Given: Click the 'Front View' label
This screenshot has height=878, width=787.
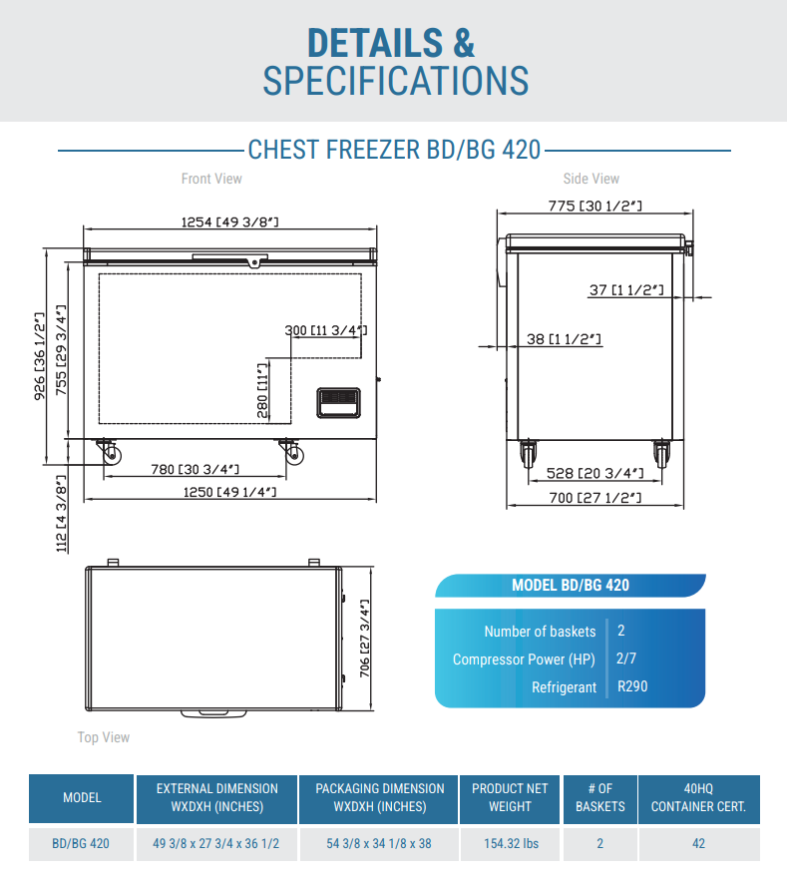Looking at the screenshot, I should [x=211, y=179].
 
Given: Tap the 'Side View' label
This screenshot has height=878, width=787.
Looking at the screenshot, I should [x=590, y=179].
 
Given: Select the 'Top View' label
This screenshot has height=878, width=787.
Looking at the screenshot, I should [x=104, y=737].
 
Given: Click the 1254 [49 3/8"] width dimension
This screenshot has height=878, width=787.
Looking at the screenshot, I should [x=229, y=222].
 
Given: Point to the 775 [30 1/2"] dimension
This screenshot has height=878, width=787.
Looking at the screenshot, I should [x=594, y=206].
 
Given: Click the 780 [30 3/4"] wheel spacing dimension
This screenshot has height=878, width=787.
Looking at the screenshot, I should [x=195, y=469].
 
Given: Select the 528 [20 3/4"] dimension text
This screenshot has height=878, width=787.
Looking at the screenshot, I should [x=593, y=473].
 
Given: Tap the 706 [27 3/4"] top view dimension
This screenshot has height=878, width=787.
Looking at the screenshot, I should [x=365, y=639].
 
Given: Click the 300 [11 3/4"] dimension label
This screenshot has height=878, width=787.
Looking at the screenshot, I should [x=326, y=330].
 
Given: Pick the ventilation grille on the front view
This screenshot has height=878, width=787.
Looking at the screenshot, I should [x=338, y=402].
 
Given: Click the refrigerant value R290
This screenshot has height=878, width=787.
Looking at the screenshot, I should [x=633, y=686].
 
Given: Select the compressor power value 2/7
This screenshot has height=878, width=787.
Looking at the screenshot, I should [x=626, y=658].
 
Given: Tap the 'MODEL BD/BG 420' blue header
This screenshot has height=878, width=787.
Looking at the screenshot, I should [x=571, y=586].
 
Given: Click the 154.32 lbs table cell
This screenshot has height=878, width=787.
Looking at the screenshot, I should [x=511, y=843].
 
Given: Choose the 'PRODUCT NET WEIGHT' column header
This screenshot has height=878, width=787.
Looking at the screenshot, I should [x=511, y=797].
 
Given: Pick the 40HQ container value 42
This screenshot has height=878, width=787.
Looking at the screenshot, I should [x=698, y=843].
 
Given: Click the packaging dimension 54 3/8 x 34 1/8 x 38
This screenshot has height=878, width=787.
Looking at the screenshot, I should [x=379, y=843].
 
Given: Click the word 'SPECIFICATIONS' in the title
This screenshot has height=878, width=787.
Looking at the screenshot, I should [x=395, y=81].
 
